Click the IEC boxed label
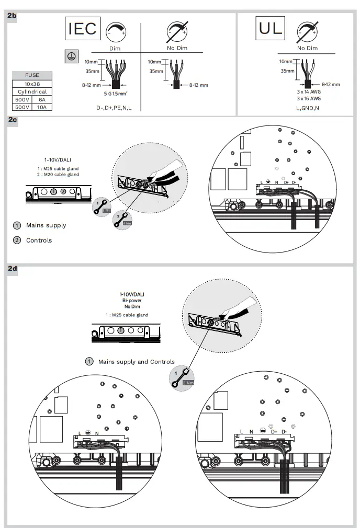click(x=83, y=29)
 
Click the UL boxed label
click(x=271, y=28)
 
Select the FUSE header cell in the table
click(x=32, y=75)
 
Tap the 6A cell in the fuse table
click(x=42, y=99)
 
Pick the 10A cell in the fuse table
click(x=42, y=107)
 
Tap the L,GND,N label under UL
click(x=307, y=108)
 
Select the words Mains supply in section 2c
click(x=46, y=225)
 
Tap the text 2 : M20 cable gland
click(x=58, y=175)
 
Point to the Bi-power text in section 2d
click(x=131, y=301)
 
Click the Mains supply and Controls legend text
click(x=136, y=362)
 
